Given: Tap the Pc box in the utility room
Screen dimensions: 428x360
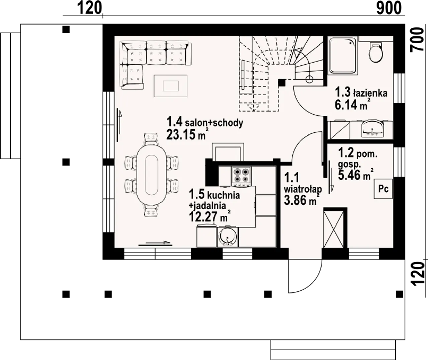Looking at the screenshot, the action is point(383,189).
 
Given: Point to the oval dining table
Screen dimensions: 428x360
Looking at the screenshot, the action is point(151,175).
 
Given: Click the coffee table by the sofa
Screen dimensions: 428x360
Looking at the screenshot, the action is point(171,86).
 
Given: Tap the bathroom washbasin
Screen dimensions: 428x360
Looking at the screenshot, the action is point(372,129).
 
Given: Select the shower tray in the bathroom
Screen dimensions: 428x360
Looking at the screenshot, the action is point(343,55).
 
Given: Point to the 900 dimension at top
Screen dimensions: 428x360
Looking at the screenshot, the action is point(389,8).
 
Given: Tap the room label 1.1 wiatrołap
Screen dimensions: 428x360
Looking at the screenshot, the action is point(303,183).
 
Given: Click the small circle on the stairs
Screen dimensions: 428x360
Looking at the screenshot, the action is point(309,79).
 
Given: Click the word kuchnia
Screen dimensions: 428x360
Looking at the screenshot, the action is point(224,195).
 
